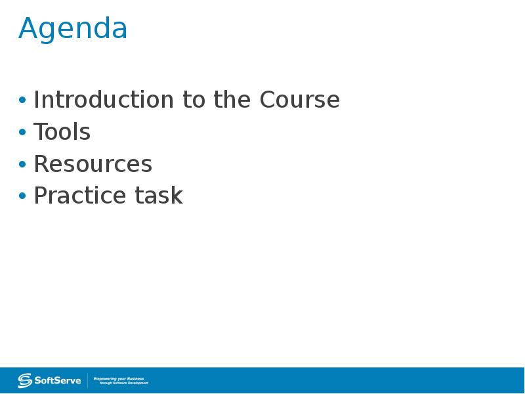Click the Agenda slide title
pos(73,29)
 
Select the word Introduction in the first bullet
pos(104,100)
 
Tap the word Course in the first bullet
pos(300,100)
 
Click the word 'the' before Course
pos(232,99)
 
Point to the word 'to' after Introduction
pos(194,100)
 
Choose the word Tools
pos(62,131)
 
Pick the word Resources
pos(93,164)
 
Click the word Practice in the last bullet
pos(79,195)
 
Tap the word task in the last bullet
pos(159,195)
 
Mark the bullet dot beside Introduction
pos(22,100)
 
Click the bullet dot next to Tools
pos(22,132)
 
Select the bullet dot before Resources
pos(22,164)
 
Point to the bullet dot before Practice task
pos(22,196)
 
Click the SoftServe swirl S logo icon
pos(25,380)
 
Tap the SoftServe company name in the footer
pos(58,381)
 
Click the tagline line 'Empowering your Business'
pos(119,379)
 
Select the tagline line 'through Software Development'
pos(124,383)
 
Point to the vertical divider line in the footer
pos(88,380)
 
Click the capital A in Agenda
pos(28,28)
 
